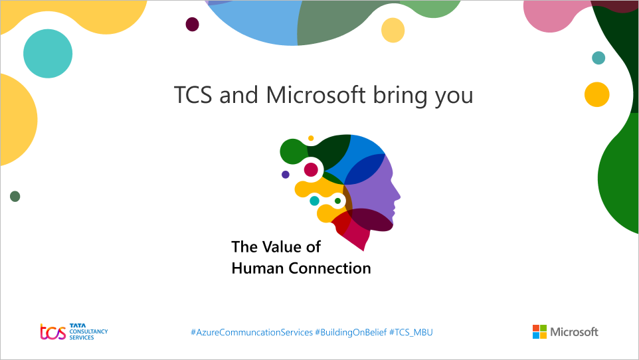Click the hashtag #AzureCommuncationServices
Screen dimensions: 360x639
[252, 331]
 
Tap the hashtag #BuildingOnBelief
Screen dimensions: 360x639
[351, 331]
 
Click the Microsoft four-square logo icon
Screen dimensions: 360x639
[539, 331]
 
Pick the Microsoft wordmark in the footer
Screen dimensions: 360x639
[574, 331]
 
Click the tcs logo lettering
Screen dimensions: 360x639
[53, 331]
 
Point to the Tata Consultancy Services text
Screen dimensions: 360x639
[88, 331]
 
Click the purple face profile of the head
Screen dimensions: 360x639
[379, 193]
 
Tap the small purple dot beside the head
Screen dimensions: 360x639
[286, 175]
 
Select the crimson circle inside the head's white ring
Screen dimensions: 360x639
[311, 170]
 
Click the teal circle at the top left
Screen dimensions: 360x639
[48, 54]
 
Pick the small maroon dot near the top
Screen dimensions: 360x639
[192, 25]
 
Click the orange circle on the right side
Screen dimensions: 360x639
[596, 94]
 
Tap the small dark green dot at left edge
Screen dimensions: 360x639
[15, 196]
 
